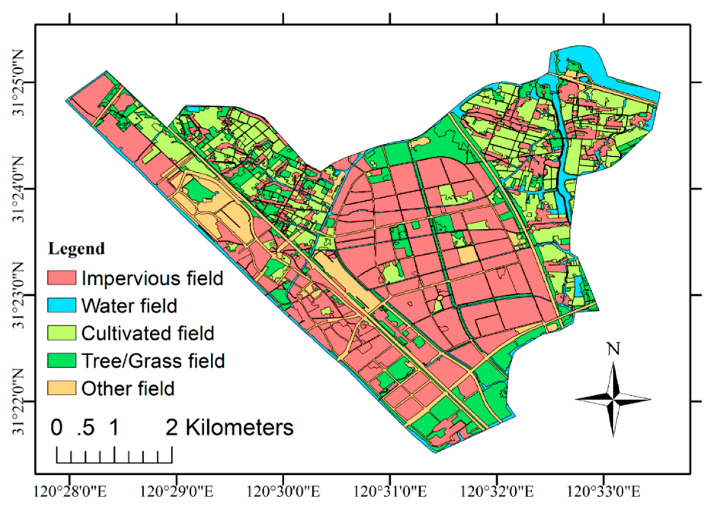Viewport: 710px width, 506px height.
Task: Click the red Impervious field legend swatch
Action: (61, 277)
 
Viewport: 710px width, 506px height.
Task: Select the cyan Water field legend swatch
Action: (61, 305)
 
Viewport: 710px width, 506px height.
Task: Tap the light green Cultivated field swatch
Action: (61, 333)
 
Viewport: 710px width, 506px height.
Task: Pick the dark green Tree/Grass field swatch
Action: (61, 361)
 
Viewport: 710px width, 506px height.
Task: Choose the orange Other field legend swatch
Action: (61, 388)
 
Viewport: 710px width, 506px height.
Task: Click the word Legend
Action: (76, 249)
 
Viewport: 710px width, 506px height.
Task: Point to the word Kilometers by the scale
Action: (240, 427)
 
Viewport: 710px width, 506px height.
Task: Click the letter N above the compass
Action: (613, 349)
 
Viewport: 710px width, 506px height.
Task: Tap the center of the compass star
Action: (613, 399)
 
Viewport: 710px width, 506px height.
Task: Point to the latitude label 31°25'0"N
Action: (18, 82)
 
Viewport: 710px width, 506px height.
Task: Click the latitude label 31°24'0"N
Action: (18, 189)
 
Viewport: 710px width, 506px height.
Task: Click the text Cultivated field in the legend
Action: (147, 333)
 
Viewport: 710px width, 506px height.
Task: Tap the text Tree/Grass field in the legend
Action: (153, 361)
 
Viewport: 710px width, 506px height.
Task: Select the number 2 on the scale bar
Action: (172, 427)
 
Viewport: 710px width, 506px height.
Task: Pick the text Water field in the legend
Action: (129, 306)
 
